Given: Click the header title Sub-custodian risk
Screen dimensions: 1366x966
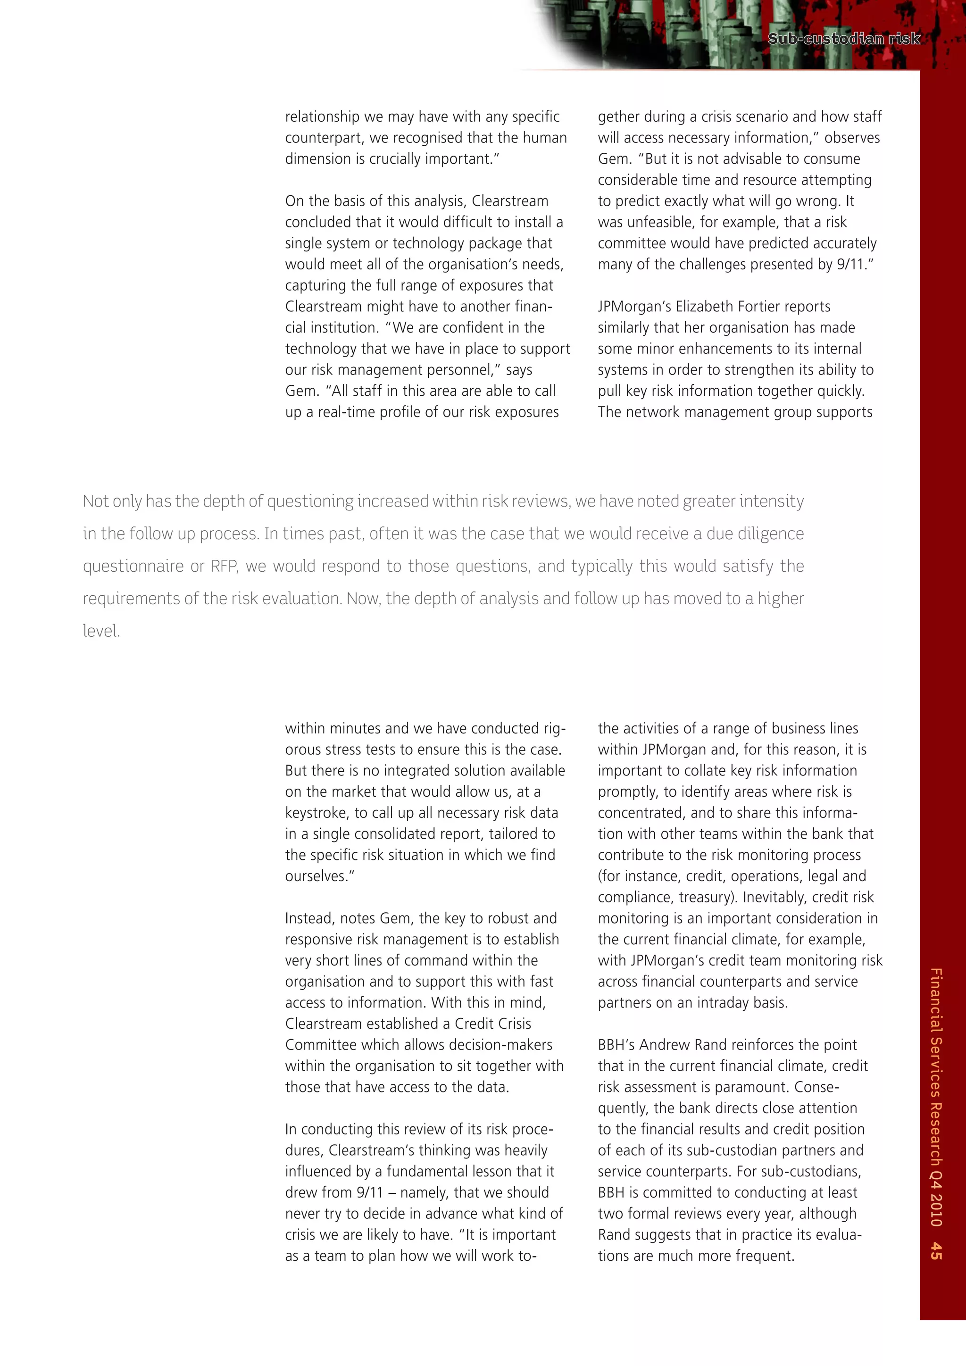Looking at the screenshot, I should (x=843, y=39).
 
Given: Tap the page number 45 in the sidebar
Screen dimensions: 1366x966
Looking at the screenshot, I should (x=936, y=1250).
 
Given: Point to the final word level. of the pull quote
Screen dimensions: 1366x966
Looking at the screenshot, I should (x=101, y=631).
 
